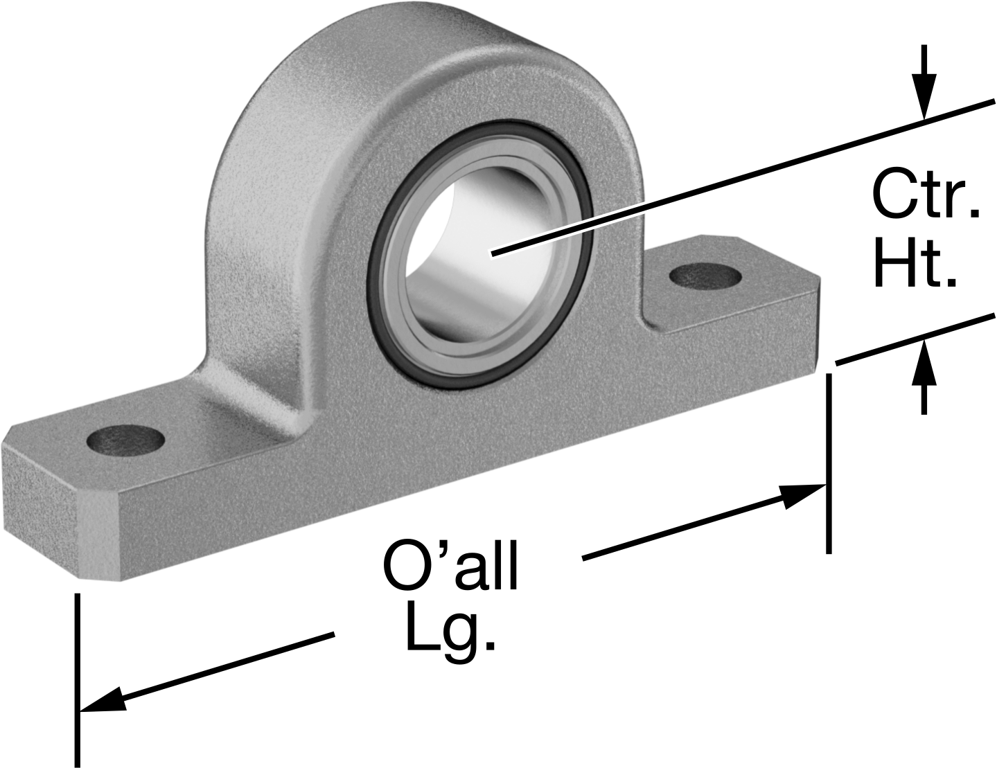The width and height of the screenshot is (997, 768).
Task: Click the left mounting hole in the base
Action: (x=125, y=440)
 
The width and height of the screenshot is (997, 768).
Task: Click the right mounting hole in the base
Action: (x=705, y=277)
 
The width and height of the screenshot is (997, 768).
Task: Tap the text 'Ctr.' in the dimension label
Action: (x=926, y=195)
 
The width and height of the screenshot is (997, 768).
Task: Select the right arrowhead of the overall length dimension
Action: (x=800, y=496)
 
